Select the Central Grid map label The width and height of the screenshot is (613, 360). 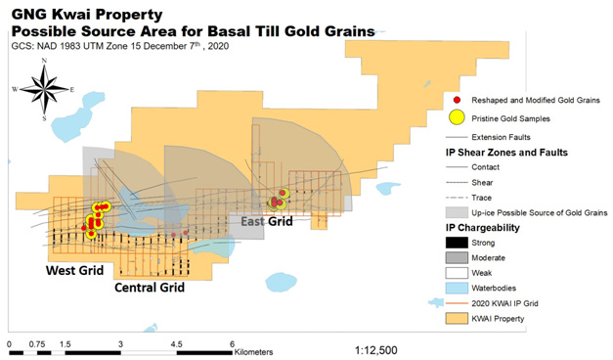[x=149, y=289]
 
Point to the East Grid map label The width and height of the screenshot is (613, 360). [x=267, y=223]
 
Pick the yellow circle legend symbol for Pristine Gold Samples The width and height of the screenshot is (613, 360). [x=457, y=118]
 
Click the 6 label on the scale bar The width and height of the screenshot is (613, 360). [x=231, y=344]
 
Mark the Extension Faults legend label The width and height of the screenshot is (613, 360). [x=506, y=136]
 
